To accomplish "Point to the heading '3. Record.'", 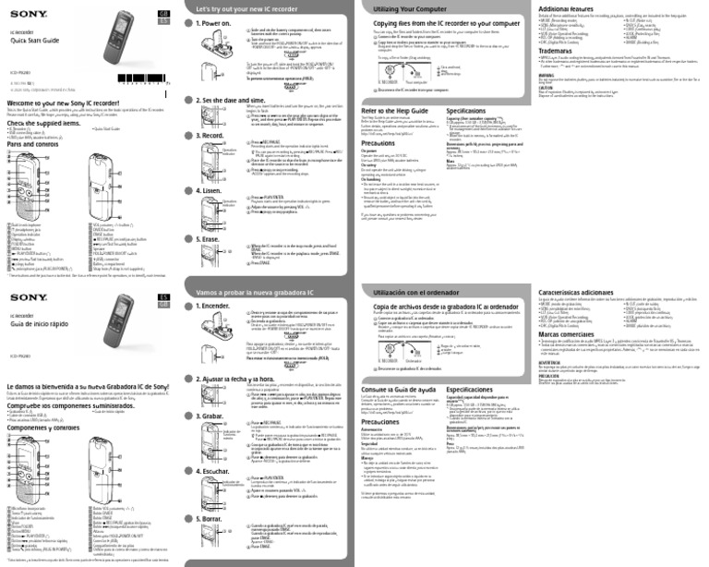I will [x=213, y=135].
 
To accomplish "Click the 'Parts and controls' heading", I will [x=32, y=144].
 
